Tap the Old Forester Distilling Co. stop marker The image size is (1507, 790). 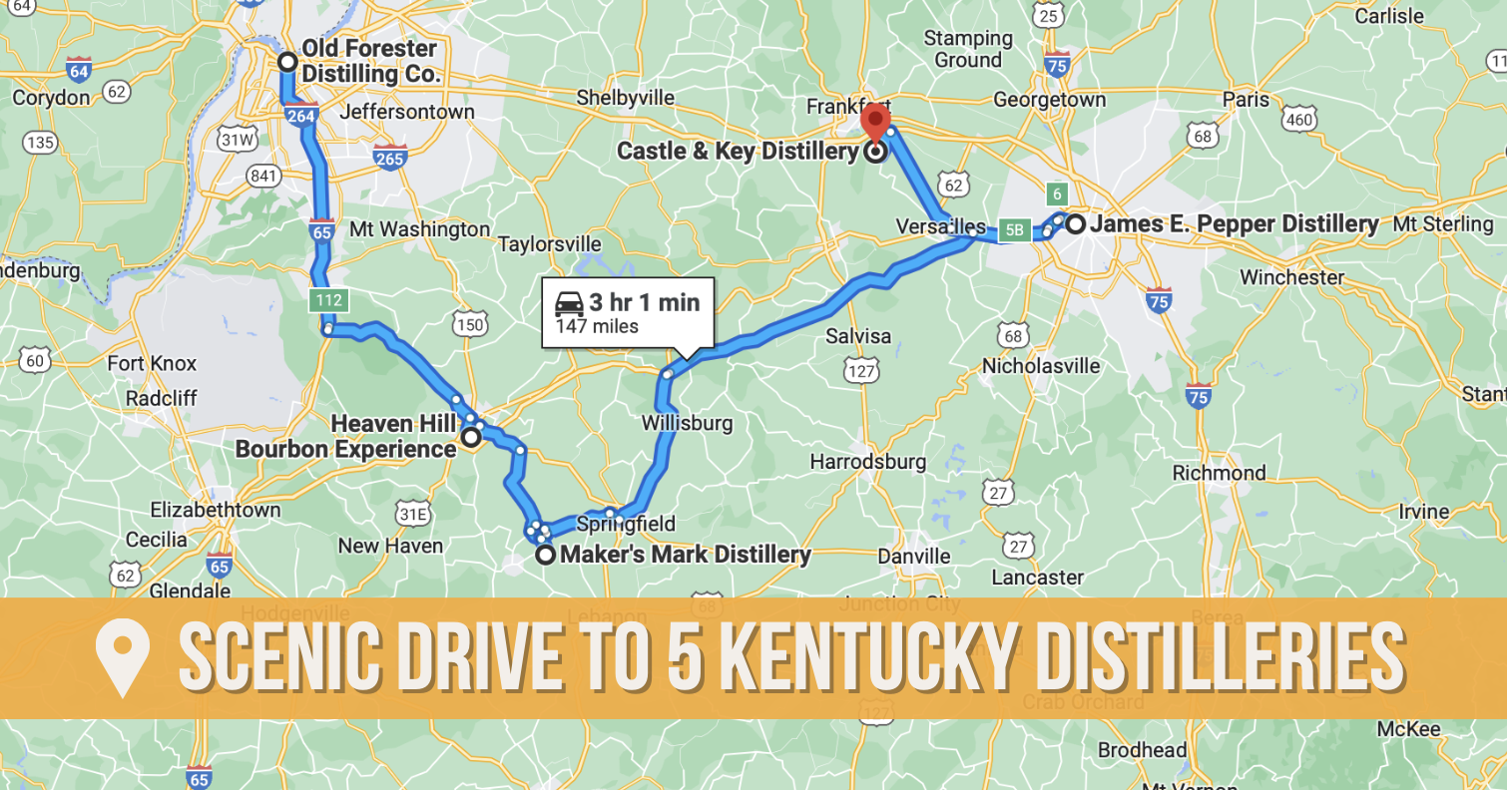tap(287, 62)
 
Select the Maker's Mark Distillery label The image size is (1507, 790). tap(686, 554)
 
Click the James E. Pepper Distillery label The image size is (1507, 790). tap(1234, 224)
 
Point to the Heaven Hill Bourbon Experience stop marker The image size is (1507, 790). tap(470, 436)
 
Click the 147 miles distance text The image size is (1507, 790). tap(597, 326)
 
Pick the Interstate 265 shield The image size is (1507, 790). tap(389, 157)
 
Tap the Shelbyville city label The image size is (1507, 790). tap(626, 99)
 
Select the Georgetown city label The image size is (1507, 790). tap(1049, 100)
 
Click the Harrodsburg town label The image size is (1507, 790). tap(867, 462)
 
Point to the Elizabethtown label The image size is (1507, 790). tap(216, 510)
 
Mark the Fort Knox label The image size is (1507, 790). tap(152, 363)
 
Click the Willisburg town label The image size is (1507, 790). tap(687, 423)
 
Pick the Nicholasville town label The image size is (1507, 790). tap(1041, 365)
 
